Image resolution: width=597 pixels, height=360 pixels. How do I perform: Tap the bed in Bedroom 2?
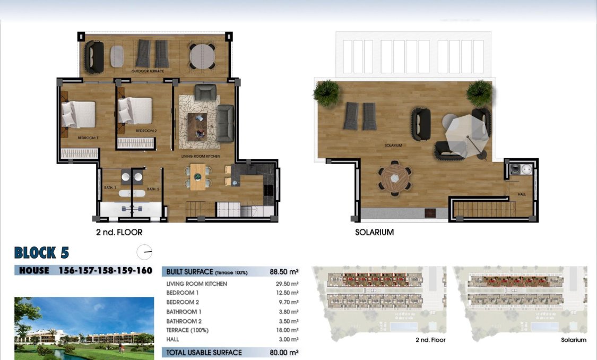[x=134, y=111]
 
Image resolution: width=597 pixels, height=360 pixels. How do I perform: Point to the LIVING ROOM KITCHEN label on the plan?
[x=201, y=156]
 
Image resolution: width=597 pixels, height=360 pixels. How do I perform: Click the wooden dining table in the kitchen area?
[x=197, y=177]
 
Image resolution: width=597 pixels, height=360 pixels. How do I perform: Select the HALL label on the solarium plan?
[x=522, y=194]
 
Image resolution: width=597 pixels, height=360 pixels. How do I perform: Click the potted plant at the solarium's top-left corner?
[x=325, y=91]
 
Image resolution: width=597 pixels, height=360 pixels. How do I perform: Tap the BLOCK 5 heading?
[x=41, y=252]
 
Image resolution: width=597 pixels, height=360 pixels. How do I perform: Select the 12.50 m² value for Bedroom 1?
[x=287, y=293]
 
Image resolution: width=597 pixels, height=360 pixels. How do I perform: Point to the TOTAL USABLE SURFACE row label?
[x=204, y=353]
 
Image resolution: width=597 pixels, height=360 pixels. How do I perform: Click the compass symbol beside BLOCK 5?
[x=144, y=252]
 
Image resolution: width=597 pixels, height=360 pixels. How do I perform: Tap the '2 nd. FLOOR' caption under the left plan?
[x=119, y=232]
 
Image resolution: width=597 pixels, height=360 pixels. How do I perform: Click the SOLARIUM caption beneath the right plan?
[x=374, y=232]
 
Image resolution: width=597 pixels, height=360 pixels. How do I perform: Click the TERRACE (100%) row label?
[x=187, y=330]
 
